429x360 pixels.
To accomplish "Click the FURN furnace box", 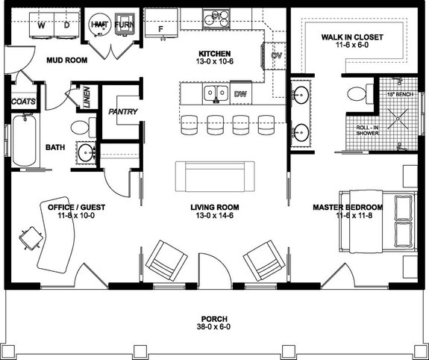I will (123, 25).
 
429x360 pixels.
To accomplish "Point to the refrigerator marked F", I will (160, 28).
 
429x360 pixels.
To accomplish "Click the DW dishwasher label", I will (239, 94).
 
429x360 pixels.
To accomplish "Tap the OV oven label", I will (275, 56).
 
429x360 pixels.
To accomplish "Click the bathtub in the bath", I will (24, 141).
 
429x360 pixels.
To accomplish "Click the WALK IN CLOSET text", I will (351, 36).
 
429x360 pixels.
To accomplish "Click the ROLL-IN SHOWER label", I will (367, 131).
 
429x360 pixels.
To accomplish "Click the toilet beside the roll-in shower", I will (356, 95).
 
